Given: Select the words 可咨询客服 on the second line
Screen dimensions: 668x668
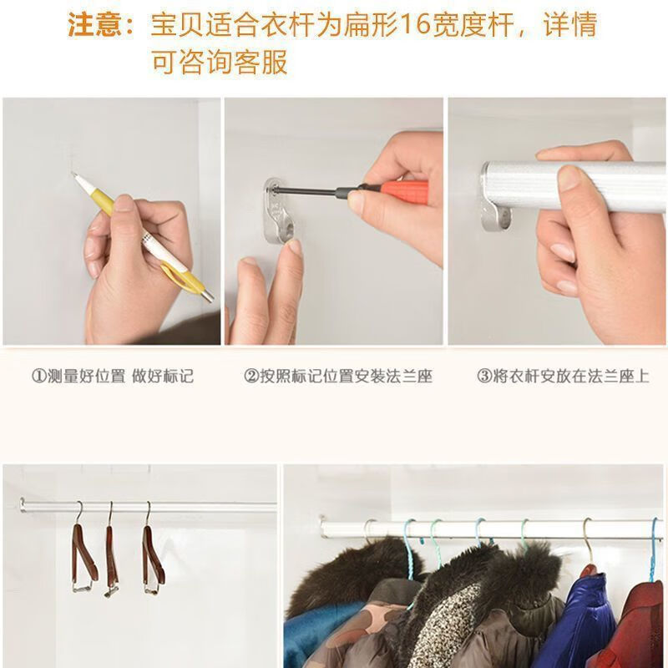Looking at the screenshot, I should (x=219, y=63).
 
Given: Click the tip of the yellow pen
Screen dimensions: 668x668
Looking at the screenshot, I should (x=74, y=177).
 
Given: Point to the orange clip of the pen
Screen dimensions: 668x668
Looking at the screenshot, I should (x=178, y=273).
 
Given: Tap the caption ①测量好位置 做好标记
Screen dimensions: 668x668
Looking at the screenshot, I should (x=112, y=376).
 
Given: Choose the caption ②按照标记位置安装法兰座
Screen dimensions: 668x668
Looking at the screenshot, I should (x=337, y=376).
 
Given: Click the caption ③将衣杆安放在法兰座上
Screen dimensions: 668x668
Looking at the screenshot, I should (x=562, y=376).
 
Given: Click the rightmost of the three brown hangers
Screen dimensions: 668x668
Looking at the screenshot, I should (x=152, y=555).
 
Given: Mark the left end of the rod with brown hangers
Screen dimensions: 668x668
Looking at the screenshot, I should (x=24, y=504).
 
